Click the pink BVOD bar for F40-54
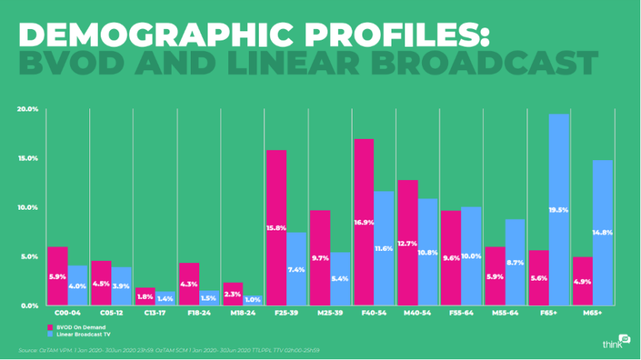pyautogui.click(x=363, y=221)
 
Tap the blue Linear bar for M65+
pyautogui.click(x=603, y=233)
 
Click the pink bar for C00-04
pyautogui.click(x=58, y=276)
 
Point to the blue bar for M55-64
pyautogui.click(x=516, y=262)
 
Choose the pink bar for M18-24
pyautogui.click(x=234, y=294)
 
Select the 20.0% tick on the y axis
pyautogui.click(x=27, y=109)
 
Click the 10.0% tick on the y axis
pyautogui.click(x=27, y=207)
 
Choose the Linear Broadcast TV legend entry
pyautogui.click(x=76, y=333)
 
